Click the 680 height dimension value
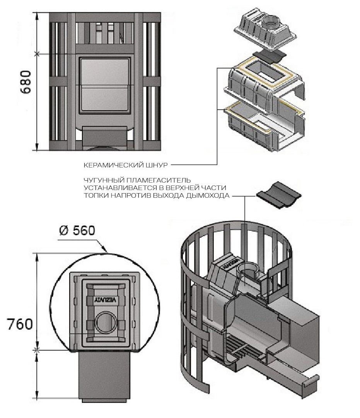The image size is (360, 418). (26, 82)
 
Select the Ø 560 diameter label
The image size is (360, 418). (77, 230)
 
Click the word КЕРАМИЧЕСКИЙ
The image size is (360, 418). (114, 165)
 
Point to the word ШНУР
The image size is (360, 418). (157, 165)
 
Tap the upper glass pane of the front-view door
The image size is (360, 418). (105, 72)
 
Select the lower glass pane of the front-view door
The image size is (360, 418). (105, 98)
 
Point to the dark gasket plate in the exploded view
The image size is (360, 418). (269, 57)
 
